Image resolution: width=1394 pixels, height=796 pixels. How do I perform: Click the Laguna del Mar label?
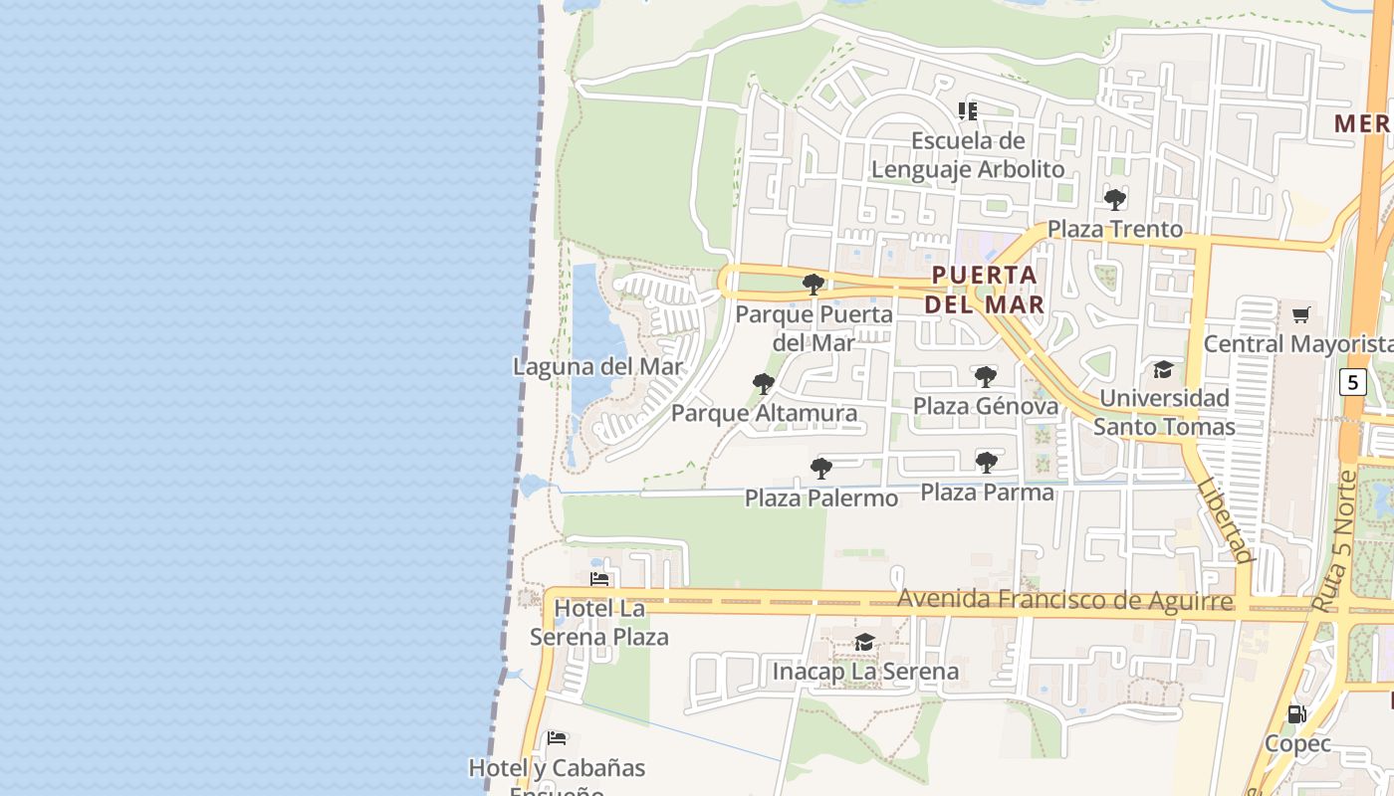(x=598, y=366)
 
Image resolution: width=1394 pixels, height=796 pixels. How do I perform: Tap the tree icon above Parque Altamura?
(x=764, y=383)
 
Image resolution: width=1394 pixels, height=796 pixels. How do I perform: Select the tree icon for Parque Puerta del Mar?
(x=813, y=285)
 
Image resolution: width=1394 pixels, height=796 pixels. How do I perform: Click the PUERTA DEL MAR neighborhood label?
(x=985, y=289)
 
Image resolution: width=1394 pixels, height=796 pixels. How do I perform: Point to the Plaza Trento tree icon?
(x=1115, y=199)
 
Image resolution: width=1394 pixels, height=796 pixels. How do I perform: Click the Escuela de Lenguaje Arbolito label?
(x=968, y=154)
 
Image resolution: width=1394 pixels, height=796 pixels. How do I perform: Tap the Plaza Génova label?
(x=986, y=406)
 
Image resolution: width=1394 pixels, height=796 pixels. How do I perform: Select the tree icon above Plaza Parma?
(x=987, y=462)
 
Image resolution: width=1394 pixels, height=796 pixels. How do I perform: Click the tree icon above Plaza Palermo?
(x=821, y=468)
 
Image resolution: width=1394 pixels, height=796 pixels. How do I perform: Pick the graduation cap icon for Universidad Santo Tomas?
(x=1163, y=370)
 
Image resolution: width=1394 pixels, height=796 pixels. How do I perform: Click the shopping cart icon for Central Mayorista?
(x=1300, y=315)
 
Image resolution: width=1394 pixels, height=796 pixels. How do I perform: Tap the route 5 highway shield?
(x=1351, y=381)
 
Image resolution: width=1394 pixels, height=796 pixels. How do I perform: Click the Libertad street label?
(x=1224, y=520)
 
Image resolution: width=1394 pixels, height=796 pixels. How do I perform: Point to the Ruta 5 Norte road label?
(x=1333, y=541)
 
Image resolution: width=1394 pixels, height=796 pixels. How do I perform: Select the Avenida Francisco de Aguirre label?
(x=1065, y=600)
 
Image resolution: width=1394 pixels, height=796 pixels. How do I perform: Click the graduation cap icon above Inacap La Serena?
(x=864, y=643)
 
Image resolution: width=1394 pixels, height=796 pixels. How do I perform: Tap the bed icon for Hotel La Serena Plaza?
(x=599, y=578)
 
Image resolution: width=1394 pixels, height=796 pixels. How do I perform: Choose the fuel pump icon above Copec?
(x=1296, y=713)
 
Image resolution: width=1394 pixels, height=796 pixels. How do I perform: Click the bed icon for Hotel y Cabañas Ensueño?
(x=557, y=738)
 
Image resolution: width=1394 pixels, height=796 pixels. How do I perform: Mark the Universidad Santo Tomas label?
(x=1164, y=412)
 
